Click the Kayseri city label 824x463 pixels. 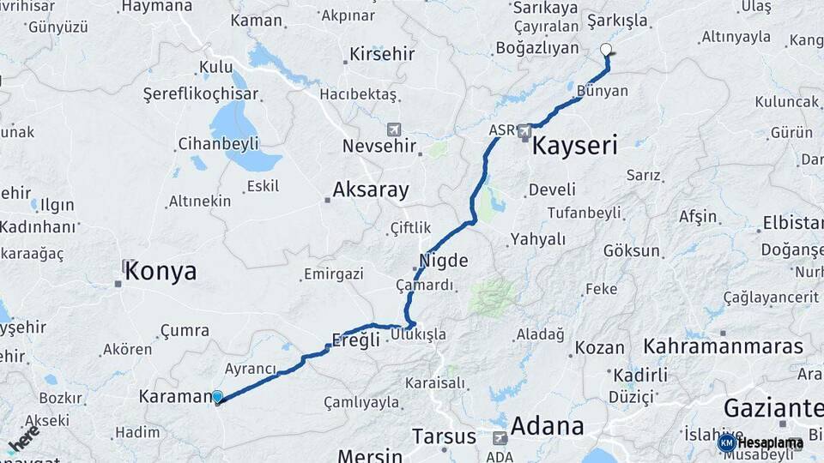[574, 145]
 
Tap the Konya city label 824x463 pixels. [160, 273]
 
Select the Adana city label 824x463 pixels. [548, 426]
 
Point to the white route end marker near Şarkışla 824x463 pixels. [606, 50]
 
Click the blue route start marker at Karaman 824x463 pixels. [218, 397]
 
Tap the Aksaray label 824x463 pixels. [371, 189]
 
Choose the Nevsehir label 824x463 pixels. [379, 146]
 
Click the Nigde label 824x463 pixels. [444, 261]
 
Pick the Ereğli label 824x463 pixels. [356, 340]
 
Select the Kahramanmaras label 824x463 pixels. [724, 346]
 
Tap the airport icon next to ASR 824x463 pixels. [524, 131]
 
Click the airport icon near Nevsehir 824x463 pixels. [394, 129]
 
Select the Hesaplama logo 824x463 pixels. [760, 443]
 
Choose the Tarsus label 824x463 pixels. [444, 436]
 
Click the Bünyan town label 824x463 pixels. [603, 90]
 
